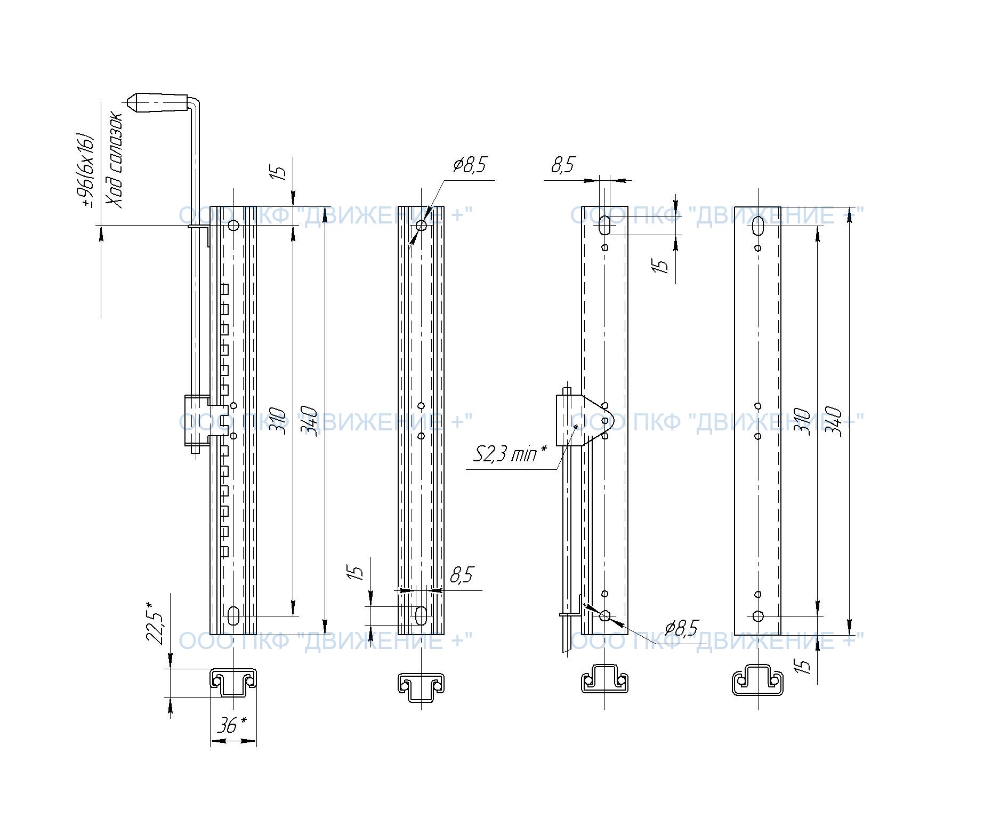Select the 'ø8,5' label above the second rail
tap(470, 165)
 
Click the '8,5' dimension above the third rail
tap(563, 165)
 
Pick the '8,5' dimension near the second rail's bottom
tap(462, 575)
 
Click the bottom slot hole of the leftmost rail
tap(233, 616)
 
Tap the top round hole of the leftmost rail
tap(233, 225)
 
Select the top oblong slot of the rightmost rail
tap(758, 226)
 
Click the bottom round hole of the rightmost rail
tap(758, 616)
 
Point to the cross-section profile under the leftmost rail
tap(233, 682)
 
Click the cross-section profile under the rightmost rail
tap(758, 680)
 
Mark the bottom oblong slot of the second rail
tap(421, 615)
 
